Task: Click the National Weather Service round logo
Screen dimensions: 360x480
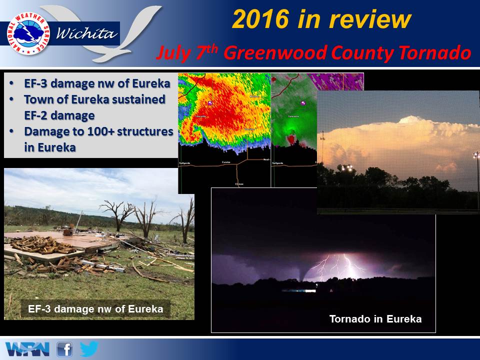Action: coord(28,34)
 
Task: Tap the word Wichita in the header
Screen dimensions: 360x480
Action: coord(87,34)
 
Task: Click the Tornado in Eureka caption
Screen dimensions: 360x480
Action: coord(375,318)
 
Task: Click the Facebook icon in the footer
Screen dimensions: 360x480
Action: coord(64,349)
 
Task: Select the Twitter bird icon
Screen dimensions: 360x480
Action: coord(88,348)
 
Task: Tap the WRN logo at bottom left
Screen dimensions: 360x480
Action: coord(27,349)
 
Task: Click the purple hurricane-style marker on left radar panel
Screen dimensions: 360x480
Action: coord(211,103)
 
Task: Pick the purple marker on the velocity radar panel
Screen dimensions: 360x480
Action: coord(303,103)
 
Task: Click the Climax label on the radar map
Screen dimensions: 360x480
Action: coord(239,184)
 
